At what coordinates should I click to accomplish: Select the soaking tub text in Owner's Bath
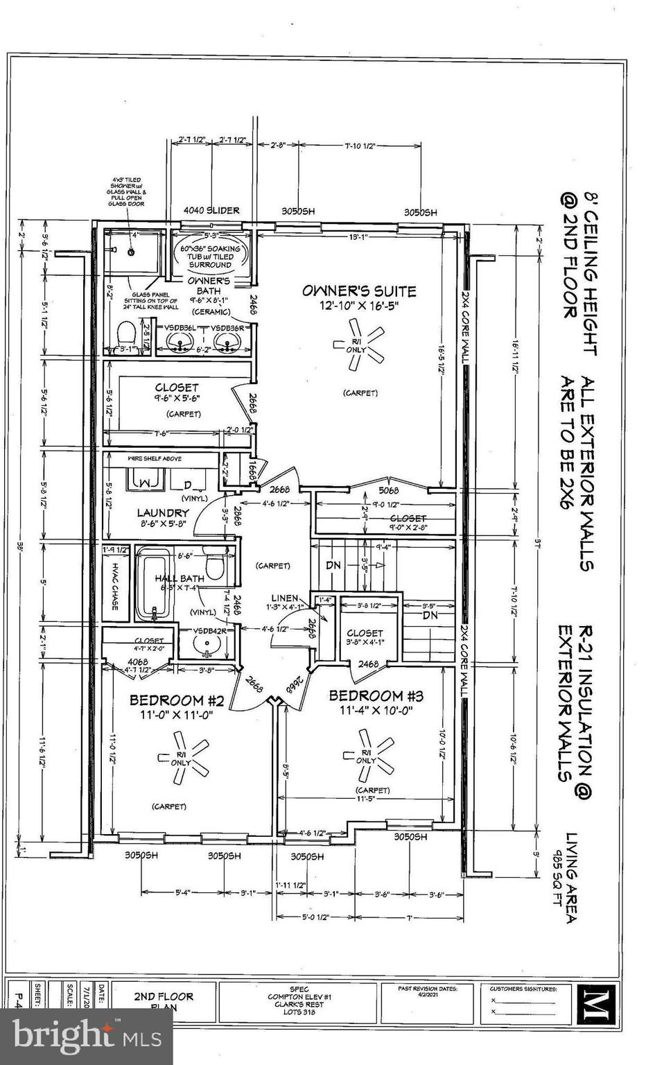pos(211,257)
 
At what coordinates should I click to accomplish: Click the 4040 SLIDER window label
pos(211,211)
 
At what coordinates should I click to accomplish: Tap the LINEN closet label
pos(284,598)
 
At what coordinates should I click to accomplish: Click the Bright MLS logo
pos(86,1036)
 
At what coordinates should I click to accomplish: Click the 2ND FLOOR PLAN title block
pos(163,1001)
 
